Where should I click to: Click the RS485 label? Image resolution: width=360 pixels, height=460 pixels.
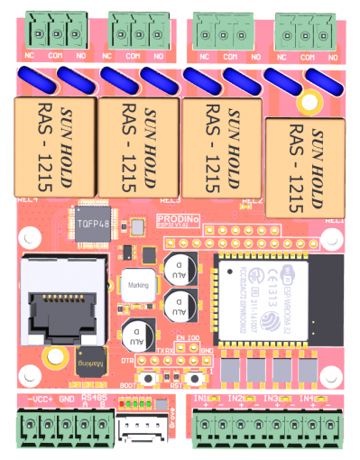94,396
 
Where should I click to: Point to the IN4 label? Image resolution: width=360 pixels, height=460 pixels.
307,397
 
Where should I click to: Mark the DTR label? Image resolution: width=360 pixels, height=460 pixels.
127,359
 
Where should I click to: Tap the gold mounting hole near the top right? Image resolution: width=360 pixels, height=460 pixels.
310,100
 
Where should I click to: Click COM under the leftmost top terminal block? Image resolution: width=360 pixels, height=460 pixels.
56,56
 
